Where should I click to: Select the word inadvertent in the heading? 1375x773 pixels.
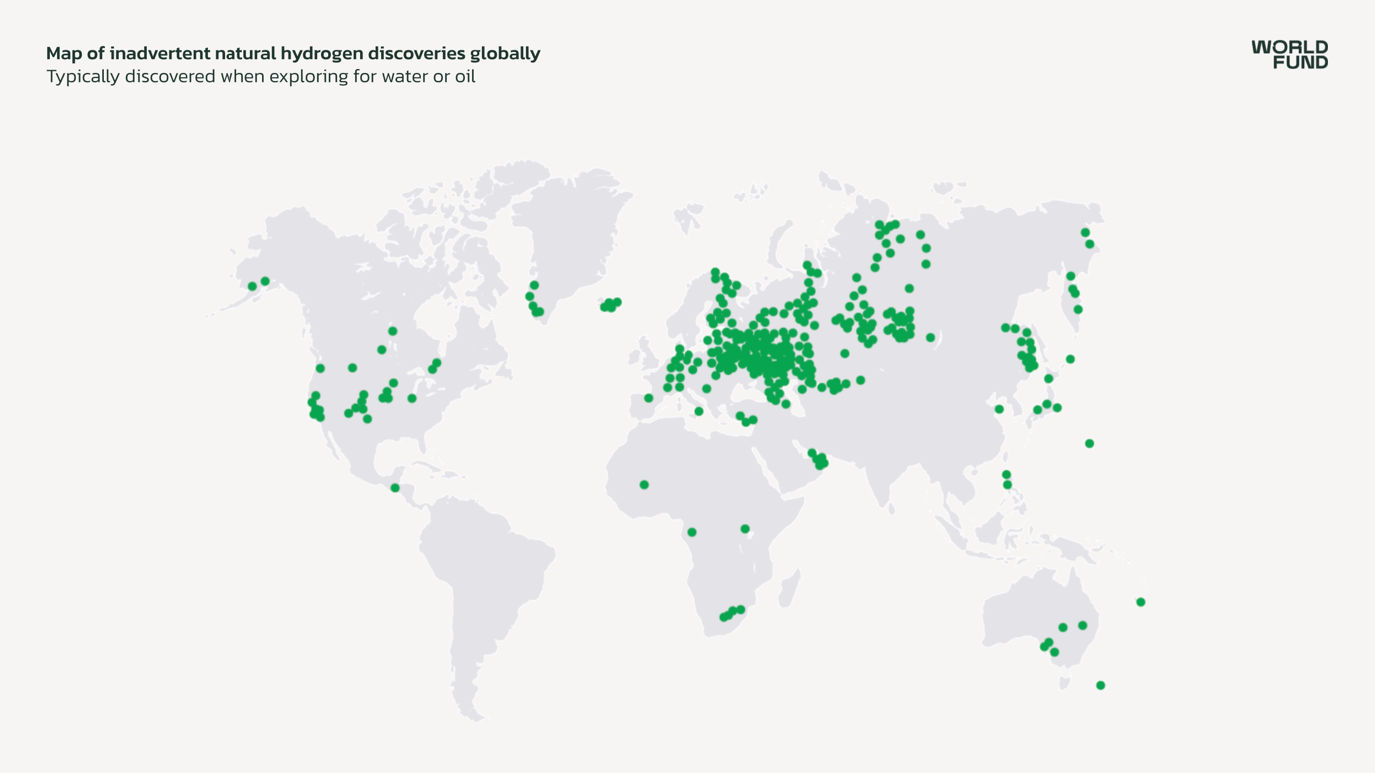tap(159, 53)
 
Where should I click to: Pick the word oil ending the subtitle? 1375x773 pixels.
tap(464, 77)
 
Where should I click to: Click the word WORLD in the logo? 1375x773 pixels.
tap(1289, 47)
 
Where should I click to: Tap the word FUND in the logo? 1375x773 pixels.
tap(1300, 62)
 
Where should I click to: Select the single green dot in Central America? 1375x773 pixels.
tap(395, 488)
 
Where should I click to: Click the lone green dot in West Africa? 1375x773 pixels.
tap(644, 485)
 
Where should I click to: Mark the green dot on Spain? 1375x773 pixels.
tap(649, 398)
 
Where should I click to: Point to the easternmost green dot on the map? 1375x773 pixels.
tap(1140, 602)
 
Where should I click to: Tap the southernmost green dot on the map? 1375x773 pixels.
tap(1100, 685)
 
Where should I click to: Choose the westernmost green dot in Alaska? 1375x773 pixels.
tap(252, 286)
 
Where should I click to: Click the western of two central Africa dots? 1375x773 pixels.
tap(692, 532)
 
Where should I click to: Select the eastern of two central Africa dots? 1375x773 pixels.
tap(745, 529)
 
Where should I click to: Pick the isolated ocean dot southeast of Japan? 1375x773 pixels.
tap(1089, 443)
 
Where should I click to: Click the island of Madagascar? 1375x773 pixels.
tap(789, 588)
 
